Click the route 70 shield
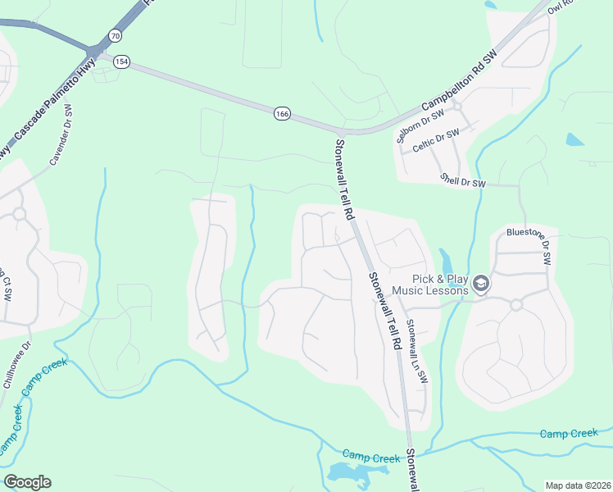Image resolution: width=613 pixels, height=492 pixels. pos(115,36)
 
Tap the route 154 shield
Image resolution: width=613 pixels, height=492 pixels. pos(122,63)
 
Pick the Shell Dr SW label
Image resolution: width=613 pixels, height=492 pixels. pos(463,180)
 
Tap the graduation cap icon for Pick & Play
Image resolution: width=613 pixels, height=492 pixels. pos(480,284)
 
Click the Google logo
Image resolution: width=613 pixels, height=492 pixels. pos(27,482)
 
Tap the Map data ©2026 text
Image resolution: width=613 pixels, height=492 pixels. pos(578,485)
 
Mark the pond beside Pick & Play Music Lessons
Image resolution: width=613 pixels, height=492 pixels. pos(445,261)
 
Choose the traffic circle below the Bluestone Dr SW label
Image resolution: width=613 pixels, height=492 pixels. pos(516,305)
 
